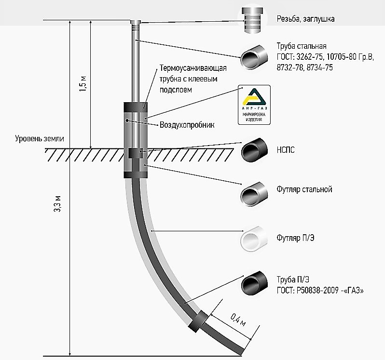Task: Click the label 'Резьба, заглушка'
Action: (305, 19)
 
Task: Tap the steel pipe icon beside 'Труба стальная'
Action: (254, 58)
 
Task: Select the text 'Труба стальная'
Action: (302, 47)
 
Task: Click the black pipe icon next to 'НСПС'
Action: (254, 151)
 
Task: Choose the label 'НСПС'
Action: (286, 150)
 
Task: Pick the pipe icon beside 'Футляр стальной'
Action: (254, 194)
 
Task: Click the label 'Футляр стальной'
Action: (304, 189)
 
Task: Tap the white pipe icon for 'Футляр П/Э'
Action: (254, 237)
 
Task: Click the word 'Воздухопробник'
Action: (187, 125)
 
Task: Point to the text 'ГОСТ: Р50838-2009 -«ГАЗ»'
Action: (319, 291)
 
